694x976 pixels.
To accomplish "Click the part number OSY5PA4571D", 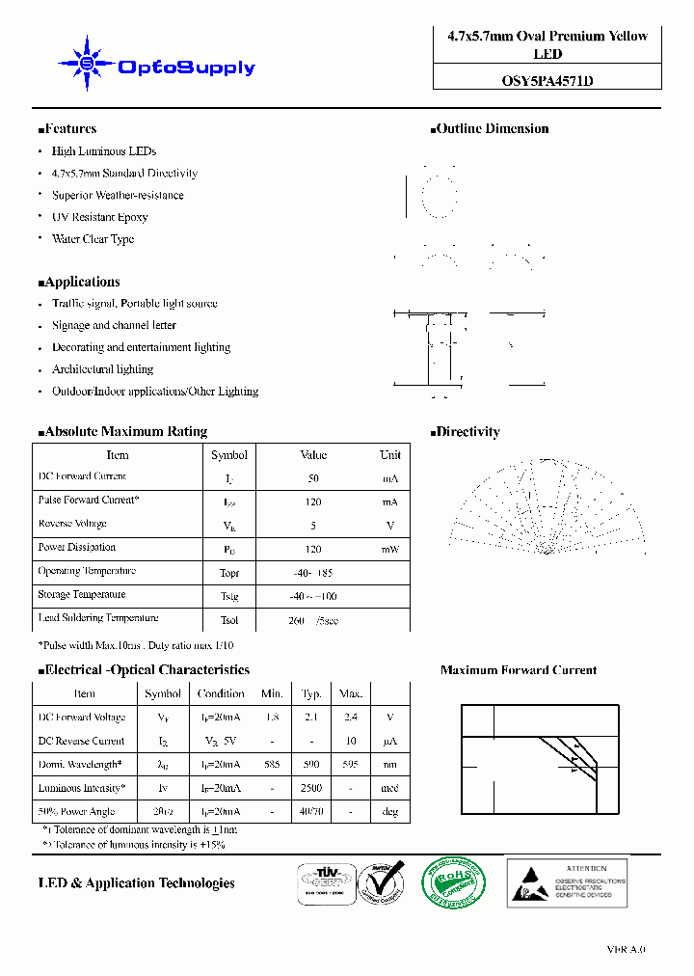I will (547, 81).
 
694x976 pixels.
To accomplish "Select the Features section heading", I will (67, 129).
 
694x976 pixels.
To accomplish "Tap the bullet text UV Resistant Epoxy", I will (99, 217).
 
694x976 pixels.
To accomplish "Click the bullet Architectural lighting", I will (102, 369).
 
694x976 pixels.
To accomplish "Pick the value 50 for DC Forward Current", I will (313, 478).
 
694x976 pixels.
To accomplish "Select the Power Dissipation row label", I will (77, 547).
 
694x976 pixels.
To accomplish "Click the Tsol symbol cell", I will (228, 619).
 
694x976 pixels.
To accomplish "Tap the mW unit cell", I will (389, 549).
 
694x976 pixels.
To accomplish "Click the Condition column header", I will (221, 693).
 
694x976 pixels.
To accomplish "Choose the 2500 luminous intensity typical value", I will (310, 789).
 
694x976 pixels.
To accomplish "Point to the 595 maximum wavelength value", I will (350, 765).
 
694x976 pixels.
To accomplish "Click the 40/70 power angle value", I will (310, 812).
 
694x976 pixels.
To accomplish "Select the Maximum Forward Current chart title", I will (518, 670).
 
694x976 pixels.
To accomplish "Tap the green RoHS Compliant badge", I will (455, 881).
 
